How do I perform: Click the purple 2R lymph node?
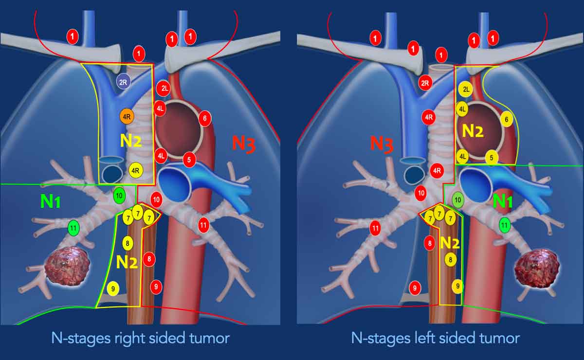point(123,82)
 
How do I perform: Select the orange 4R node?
point(127,116)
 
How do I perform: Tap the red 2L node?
point(163,89)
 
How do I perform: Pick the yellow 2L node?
point(466,90)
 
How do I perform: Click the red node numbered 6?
point(205,119)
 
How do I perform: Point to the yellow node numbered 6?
point(506,119)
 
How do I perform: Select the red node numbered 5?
point(189,160)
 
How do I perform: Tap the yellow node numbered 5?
point(492,158)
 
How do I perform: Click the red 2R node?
point(425,83)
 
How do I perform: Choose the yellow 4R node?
point(136,170)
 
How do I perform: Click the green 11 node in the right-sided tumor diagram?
point(73,228)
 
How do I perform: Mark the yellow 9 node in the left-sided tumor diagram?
point(457,287)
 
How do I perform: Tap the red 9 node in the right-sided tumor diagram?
point(156,287)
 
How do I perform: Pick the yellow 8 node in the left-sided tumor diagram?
point(451,259)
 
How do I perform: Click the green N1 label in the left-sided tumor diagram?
point(503,202)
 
